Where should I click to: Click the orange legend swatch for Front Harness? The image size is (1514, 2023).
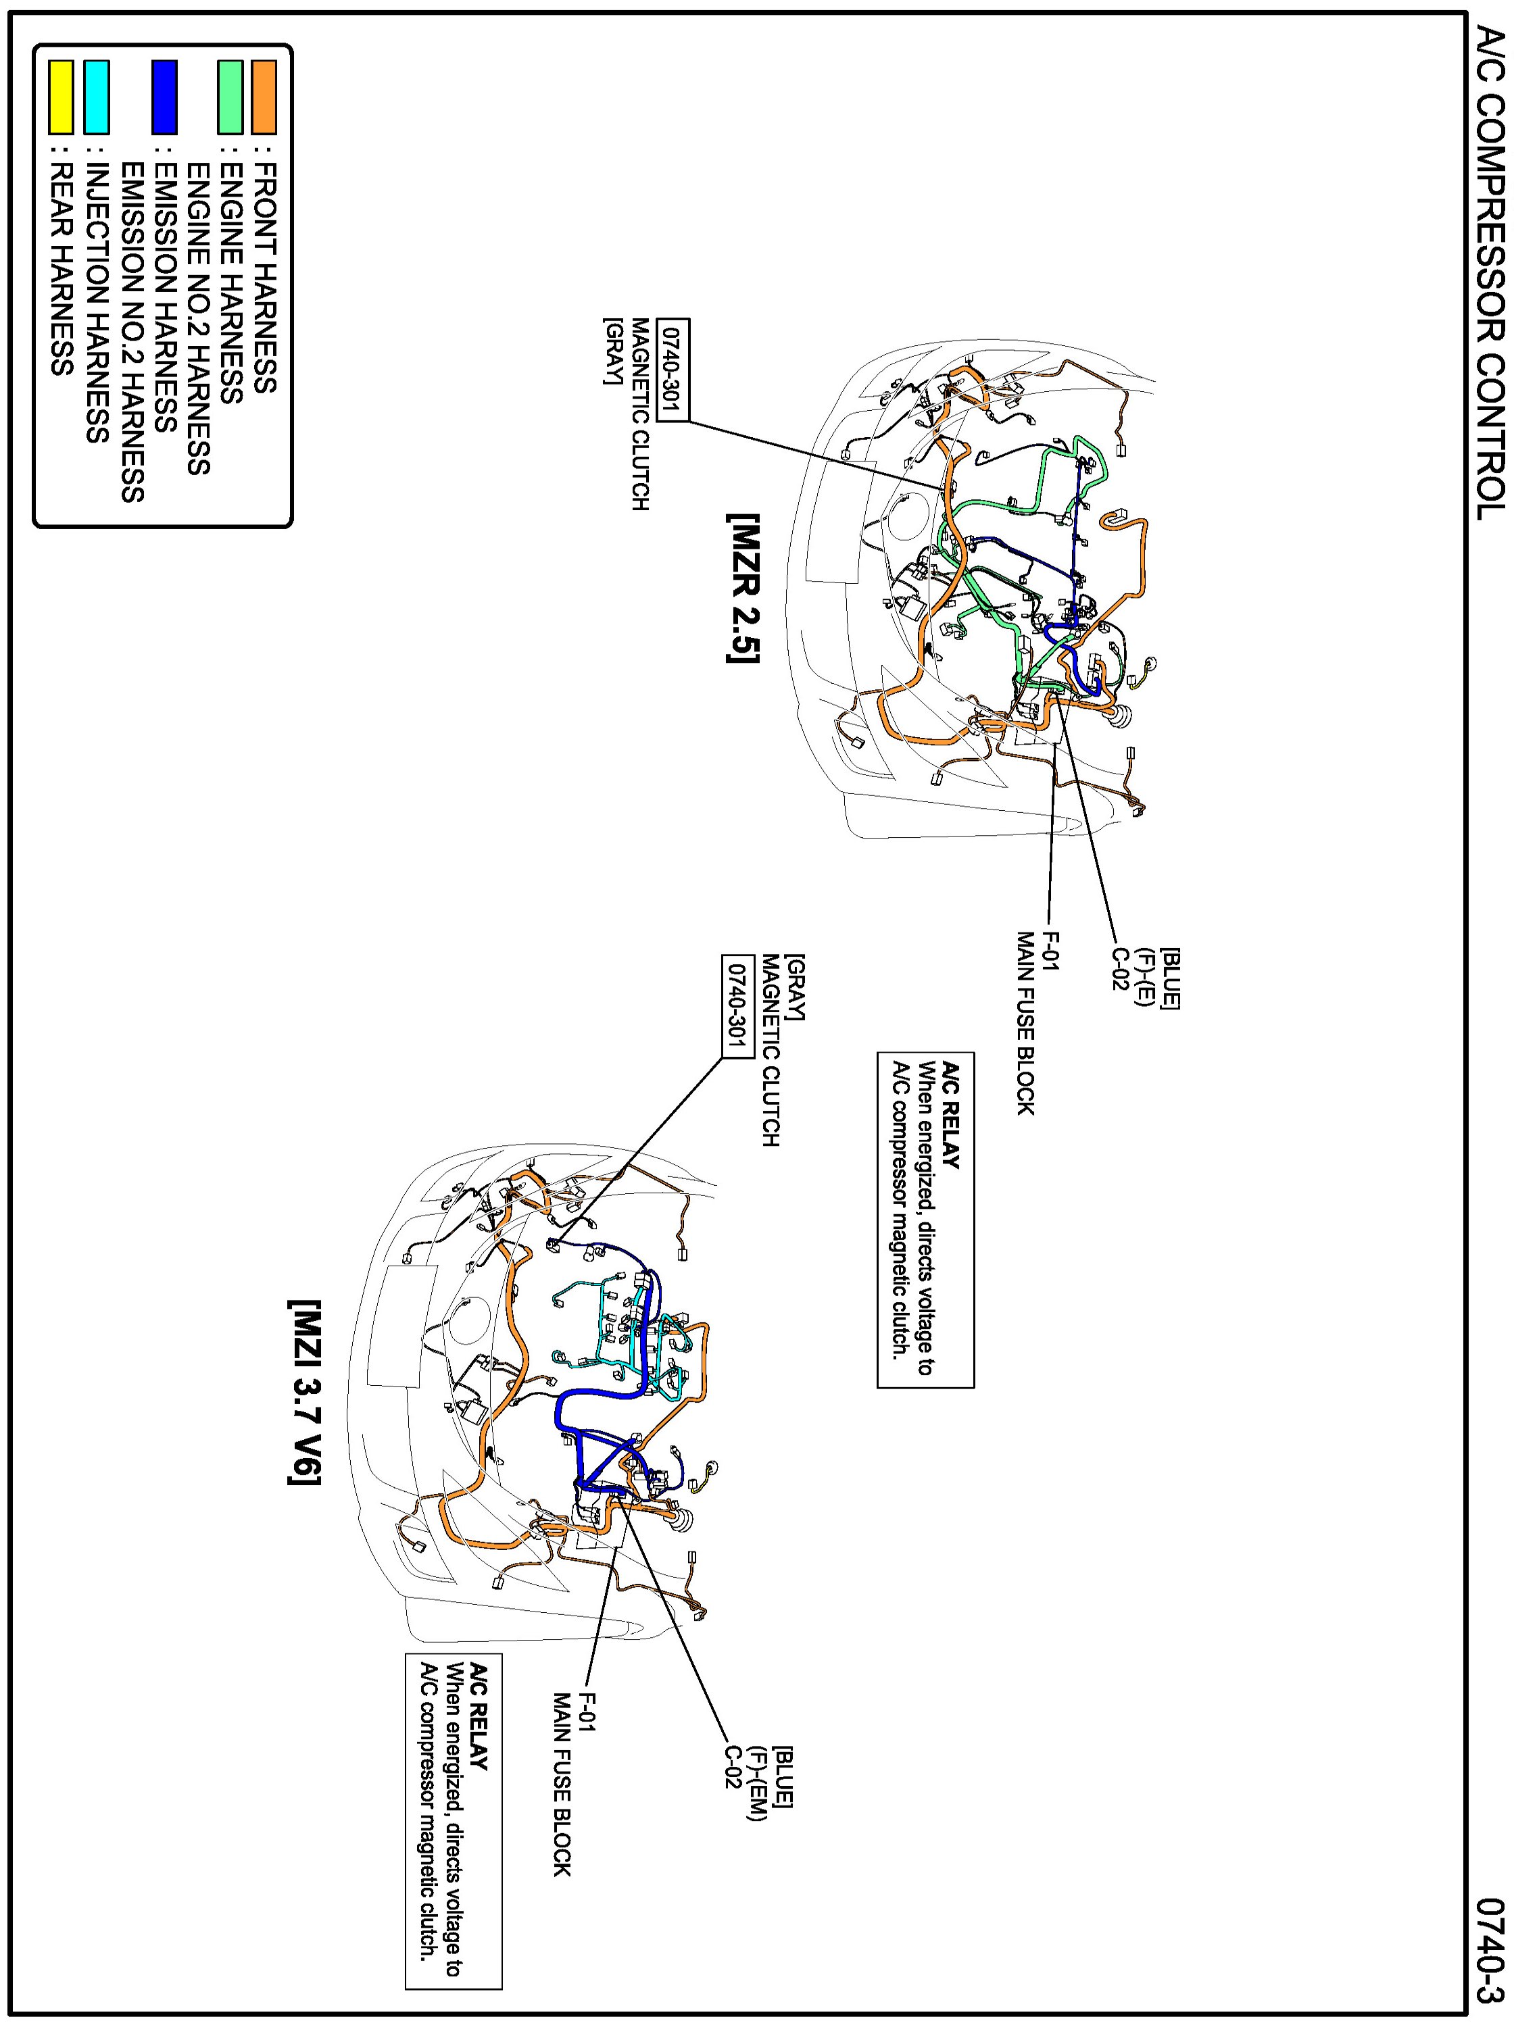point(264,96)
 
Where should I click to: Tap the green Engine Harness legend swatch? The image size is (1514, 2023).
point(230,96)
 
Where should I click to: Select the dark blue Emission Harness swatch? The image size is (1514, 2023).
point(165,96)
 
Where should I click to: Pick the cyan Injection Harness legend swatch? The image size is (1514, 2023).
point(96,96)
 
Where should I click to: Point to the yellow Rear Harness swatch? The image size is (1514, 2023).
point(62,96)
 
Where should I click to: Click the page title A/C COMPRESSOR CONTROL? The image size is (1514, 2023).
point(1489,274)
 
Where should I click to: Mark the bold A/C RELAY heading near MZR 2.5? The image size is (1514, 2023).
point(952,1115)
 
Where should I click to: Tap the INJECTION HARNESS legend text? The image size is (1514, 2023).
point(97,303)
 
